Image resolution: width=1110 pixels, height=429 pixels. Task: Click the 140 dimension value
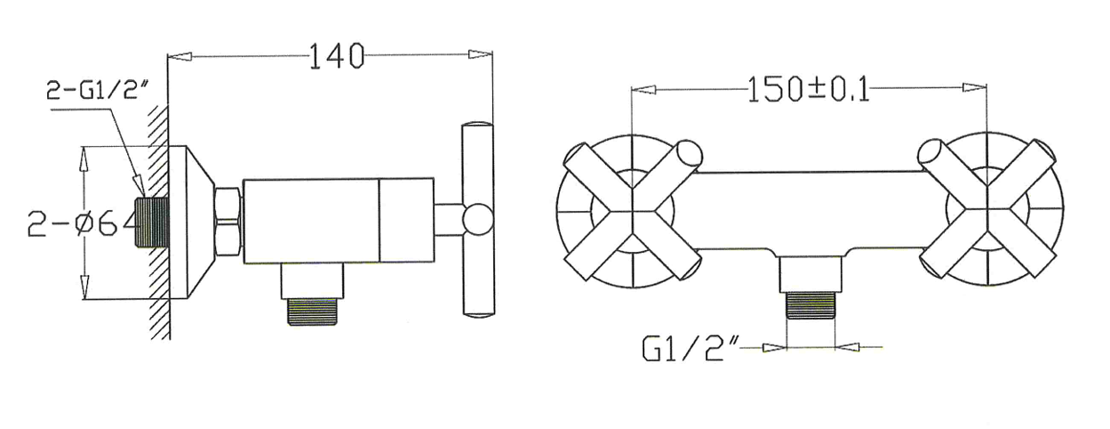point(337,55)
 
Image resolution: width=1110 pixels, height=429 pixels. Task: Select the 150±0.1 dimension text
point(808,89)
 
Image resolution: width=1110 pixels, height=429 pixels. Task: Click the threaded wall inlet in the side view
point(153,223)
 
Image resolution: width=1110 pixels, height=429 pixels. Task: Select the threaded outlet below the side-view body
point(312,311)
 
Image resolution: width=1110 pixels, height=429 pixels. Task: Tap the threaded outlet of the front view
point(811,306)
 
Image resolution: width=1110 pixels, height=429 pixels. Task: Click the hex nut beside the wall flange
point(228,222)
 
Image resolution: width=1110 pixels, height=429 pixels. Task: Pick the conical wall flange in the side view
point(191,223)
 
